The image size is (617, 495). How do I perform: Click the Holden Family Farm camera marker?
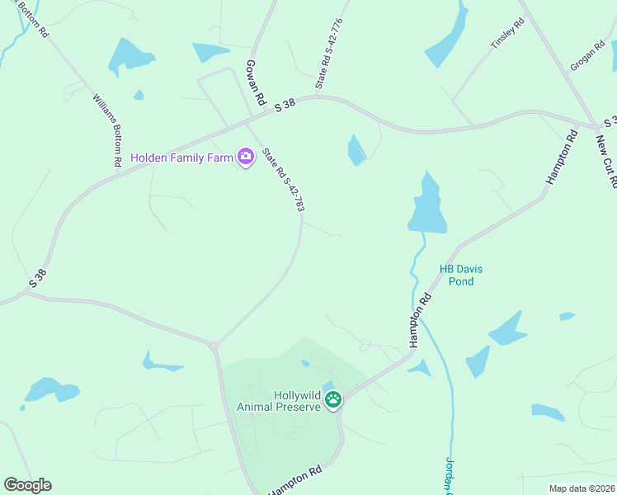(x=245, y=157)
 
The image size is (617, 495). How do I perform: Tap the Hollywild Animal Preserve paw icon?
(x=333, y=400)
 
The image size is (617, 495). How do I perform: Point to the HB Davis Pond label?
(x=456, y=275)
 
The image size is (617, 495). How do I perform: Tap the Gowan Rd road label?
(x=255, y=82)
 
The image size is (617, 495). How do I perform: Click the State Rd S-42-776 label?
(x=327, y=54)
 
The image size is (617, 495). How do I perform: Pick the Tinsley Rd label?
(x=507, y=35)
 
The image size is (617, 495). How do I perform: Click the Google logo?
(x=27, y=485)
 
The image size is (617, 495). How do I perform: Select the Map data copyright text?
(x=582, y=488)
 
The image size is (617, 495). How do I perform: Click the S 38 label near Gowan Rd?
(x=285, y=105)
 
